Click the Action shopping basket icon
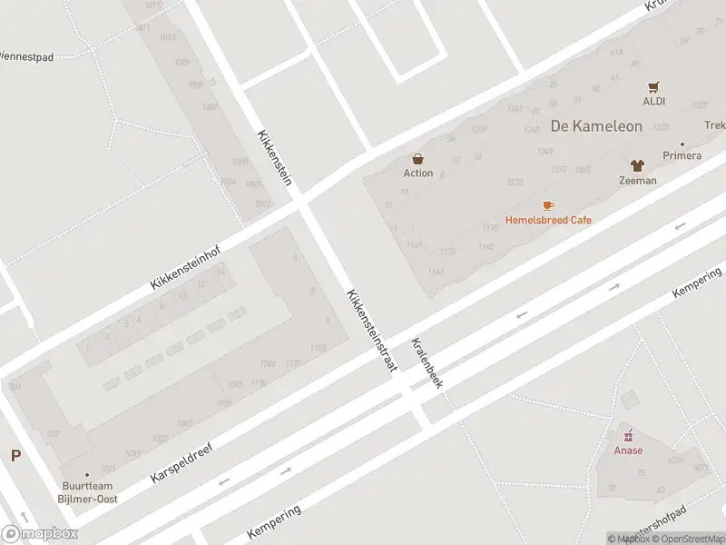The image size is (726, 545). [x=417, y=158]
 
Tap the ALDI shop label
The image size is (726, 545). [x=654, y=101]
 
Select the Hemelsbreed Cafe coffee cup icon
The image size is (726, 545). [x=548, y=205]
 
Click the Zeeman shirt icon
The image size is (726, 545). [x=637, y=166]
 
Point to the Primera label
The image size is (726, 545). [x=682, y=155]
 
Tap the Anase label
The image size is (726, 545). [x=628, y=451]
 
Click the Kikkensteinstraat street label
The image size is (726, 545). [x=371, y=330]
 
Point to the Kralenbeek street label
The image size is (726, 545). [x=427, y=363]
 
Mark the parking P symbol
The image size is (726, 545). [x=15, y=456]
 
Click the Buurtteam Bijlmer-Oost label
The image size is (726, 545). [x=89, y=492]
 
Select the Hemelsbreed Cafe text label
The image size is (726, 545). [x=548, y=221]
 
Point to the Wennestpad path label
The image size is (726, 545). [x=26, y=56]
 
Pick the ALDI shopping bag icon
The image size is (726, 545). [x=654, y=87]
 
